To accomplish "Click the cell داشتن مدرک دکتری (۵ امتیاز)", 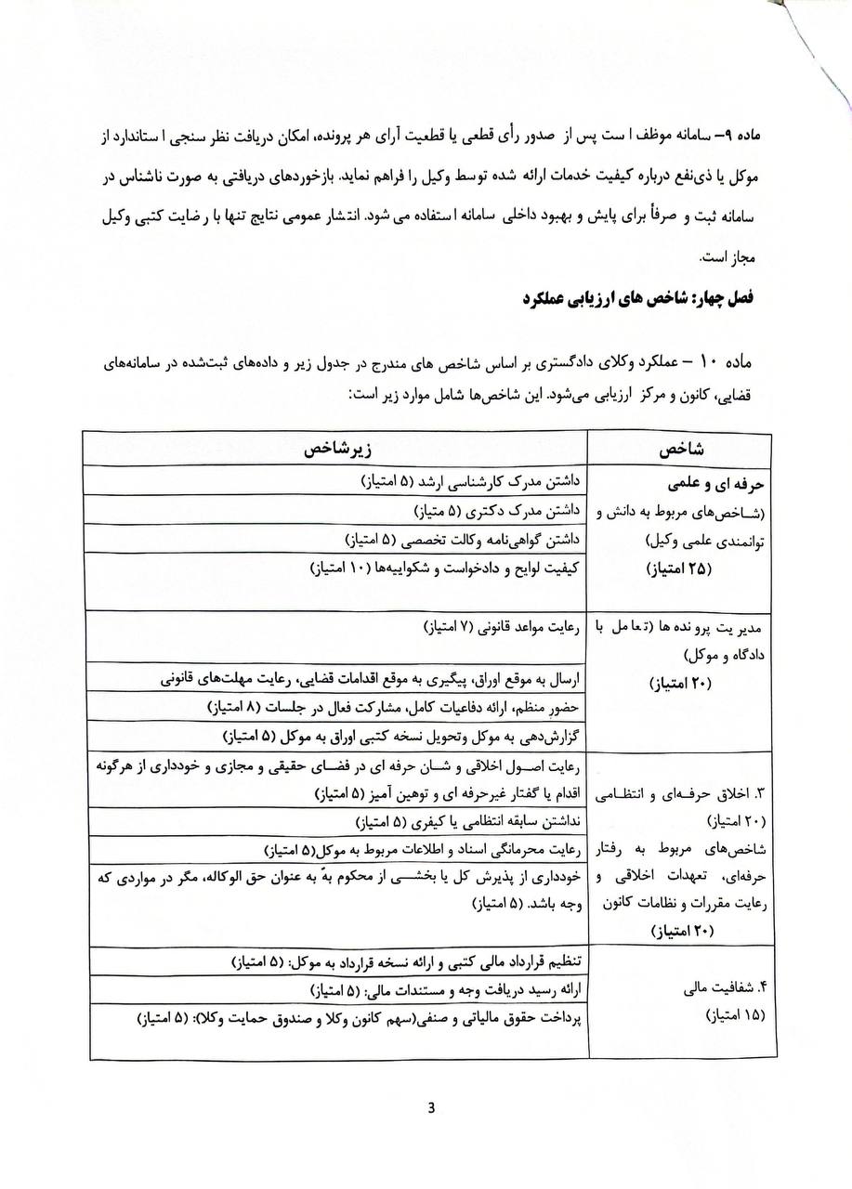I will (x=497, y=510).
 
